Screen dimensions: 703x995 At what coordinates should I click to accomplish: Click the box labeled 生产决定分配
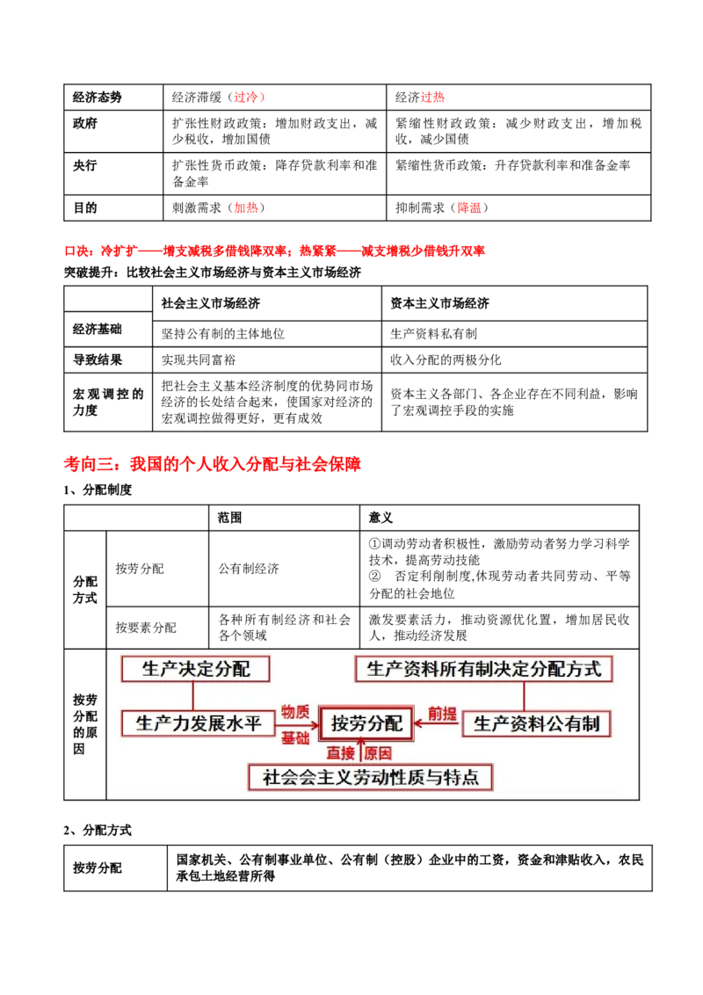pyautogui.click(x=195, y=669)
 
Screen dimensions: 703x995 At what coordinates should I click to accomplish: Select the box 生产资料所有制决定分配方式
pyautogui.click(x=483, y=669)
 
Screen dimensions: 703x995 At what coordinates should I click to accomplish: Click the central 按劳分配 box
pyautogui.click(x=366, y=723)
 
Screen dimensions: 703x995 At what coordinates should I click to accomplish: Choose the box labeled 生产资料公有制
pyautogui.click(x=536, y=723)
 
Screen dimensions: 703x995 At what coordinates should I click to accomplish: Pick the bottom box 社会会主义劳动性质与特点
pyautogui.click(x=370, y=777)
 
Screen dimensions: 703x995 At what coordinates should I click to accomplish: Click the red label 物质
pyautogui.click(x=295, y=711)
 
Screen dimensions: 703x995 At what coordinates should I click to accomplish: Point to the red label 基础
pyautogui.click(x=295, y=738)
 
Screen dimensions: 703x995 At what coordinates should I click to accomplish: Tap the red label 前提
pyautogui.click(x=442, y=713)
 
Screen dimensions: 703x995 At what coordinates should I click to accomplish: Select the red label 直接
pyautogui.click(x=341, y=753)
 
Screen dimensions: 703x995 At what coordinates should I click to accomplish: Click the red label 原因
pyautogui.click(x=378, y=753)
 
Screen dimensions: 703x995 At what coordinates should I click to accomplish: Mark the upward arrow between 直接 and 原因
pyautogui.click(x=359, y=752)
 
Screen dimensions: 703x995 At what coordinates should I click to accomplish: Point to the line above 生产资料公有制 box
pyautogui.click(x=524, y=696)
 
